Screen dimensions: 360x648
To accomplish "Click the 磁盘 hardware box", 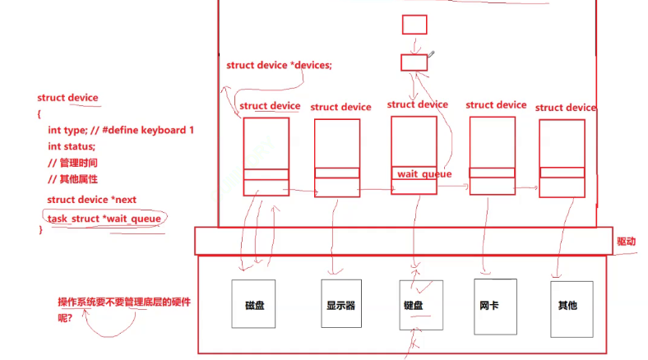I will point(254,305).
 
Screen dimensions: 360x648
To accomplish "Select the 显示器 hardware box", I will point(340,305).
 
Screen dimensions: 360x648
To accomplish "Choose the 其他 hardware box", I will point(568,305).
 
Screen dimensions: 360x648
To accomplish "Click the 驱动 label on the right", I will point(626,242).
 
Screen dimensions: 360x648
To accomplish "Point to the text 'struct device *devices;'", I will point(279,66).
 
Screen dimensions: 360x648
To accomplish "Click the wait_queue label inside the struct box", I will point(423,174).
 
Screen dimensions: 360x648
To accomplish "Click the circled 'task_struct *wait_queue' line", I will point(104,219).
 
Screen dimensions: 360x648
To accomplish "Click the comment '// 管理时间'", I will point(73,163).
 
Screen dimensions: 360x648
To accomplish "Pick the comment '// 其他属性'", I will point(73,179).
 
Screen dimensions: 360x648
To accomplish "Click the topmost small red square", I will point(414,25).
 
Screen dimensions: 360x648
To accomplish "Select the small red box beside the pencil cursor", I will point(414,62).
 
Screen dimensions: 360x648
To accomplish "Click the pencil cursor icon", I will point(432,54).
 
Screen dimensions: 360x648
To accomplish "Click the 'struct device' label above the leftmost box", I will point(270,106).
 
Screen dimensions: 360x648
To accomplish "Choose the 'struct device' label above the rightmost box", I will point(565,108).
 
